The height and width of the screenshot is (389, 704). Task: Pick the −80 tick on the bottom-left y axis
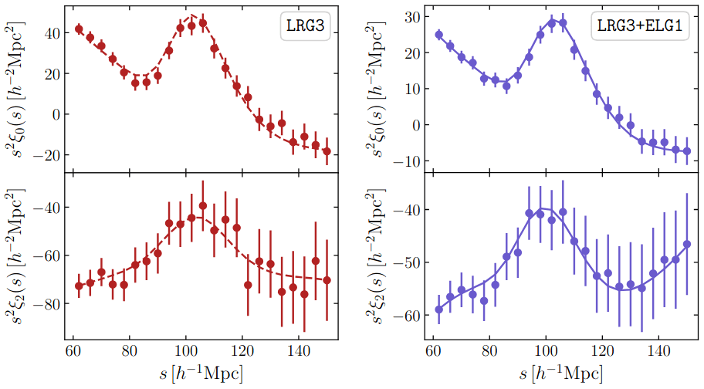(x=46, y=303)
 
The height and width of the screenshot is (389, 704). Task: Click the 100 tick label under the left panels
(x=186, y=351)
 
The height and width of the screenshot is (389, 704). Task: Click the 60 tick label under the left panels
(x=73, y=351)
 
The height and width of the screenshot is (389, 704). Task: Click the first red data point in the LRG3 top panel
(x=79, y=29)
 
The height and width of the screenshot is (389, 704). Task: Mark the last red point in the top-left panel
(x=327, y=151)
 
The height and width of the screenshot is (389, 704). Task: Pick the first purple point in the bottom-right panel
(x=439, y=310)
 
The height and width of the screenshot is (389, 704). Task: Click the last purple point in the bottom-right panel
(x=687, y=244)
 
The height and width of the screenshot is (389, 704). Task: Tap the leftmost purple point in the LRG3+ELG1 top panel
(x=439, y=35)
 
